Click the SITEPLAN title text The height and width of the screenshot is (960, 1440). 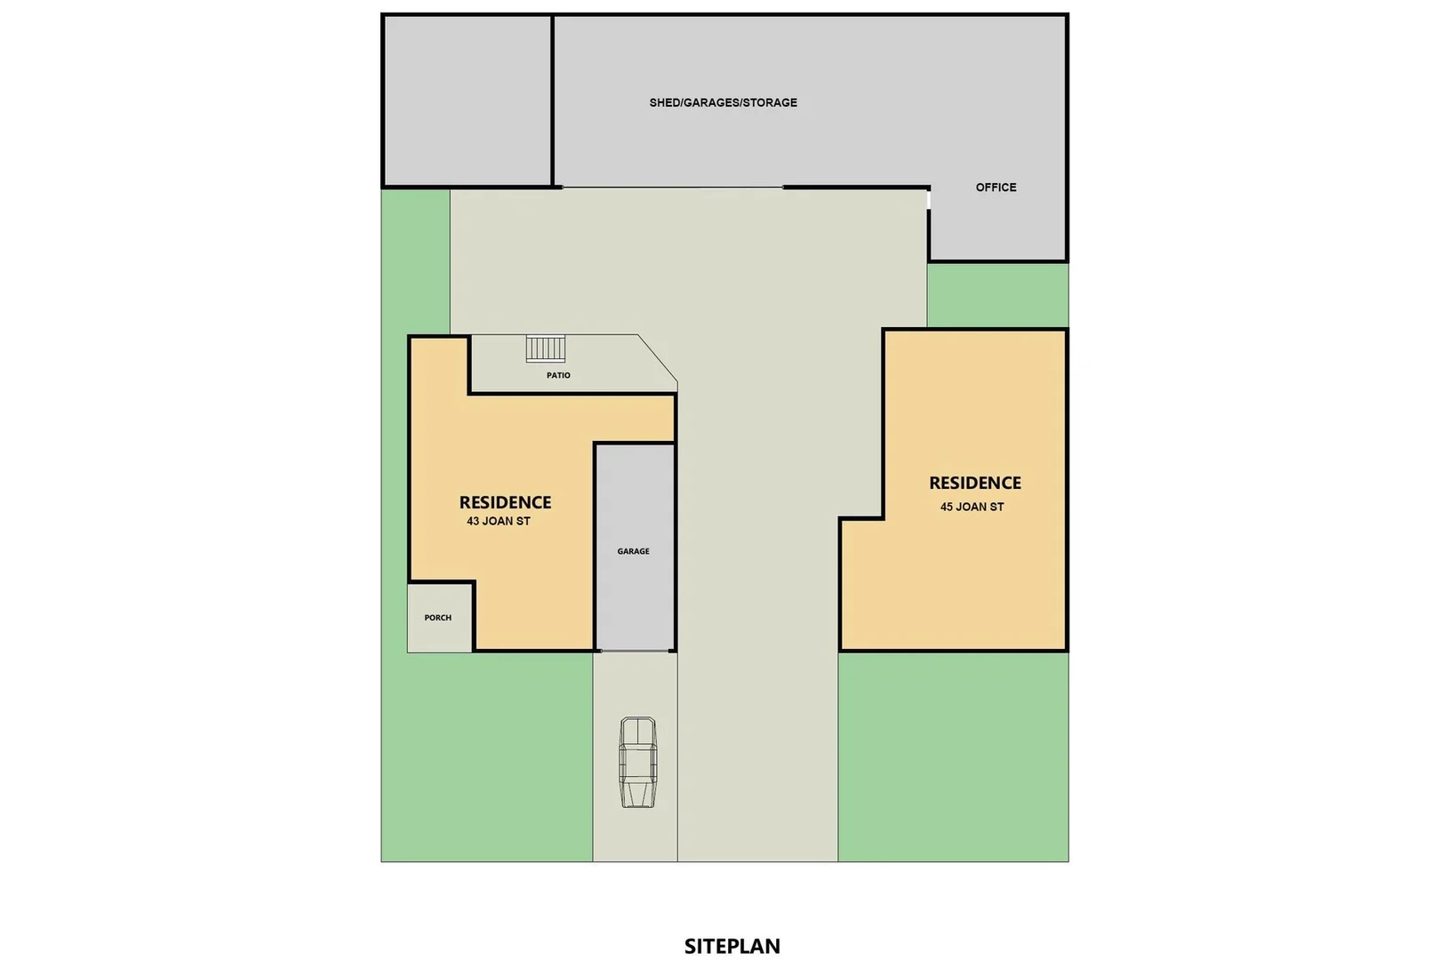(732, 946)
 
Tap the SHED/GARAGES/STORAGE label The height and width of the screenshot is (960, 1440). (723, 102)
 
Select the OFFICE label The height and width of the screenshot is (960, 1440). (996, 188)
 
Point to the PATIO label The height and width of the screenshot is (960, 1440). (558, 375)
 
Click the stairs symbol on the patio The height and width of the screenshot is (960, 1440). (545, 348)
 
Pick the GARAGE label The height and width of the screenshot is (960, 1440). (633, 551)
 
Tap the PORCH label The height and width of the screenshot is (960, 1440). (437, 618)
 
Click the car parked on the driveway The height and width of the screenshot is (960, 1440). (637, 762)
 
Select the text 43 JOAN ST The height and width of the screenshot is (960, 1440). (498, 522)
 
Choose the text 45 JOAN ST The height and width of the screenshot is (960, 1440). (972, 508)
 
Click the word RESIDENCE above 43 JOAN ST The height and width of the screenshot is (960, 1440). (505, 502)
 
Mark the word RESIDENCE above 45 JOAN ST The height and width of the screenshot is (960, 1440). (974, 483)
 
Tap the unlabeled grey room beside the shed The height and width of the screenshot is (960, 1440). (467, 100)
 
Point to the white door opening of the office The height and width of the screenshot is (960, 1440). (929, 200)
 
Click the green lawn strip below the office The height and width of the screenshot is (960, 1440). (996, 295)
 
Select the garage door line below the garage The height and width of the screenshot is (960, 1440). (635, 651)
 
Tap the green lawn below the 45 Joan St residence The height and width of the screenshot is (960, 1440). (952, 756)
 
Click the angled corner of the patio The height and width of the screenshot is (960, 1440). (659, 362)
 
